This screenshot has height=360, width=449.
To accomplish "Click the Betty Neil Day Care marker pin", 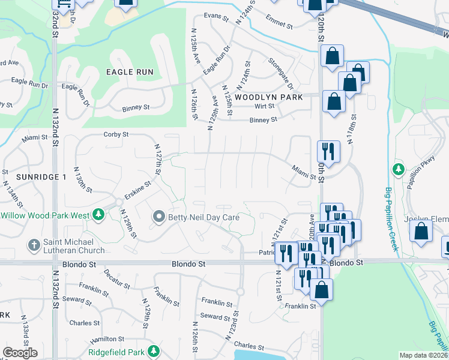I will pos(159,216).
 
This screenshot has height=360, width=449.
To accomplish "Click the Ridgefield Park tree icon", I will pos(154,350).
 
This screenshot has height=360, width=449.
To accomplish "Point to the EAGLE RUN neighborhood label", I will pos(130,72).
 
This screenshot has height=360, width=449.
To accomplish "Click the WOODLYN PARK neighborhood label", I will pos(268,97).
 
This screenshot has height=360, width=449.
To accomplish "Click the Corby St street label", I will pos(116,135).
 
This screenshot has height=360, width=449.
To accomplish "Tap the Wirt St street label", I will pos(264,106).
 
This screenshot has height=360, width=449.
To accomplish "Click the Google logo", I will pos(20,353).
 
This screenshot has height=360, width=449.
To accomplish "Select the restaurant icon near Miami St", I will pos(328,151).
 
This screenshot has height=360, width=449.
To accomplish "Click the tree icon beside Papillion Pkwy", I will pos(397,170).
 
